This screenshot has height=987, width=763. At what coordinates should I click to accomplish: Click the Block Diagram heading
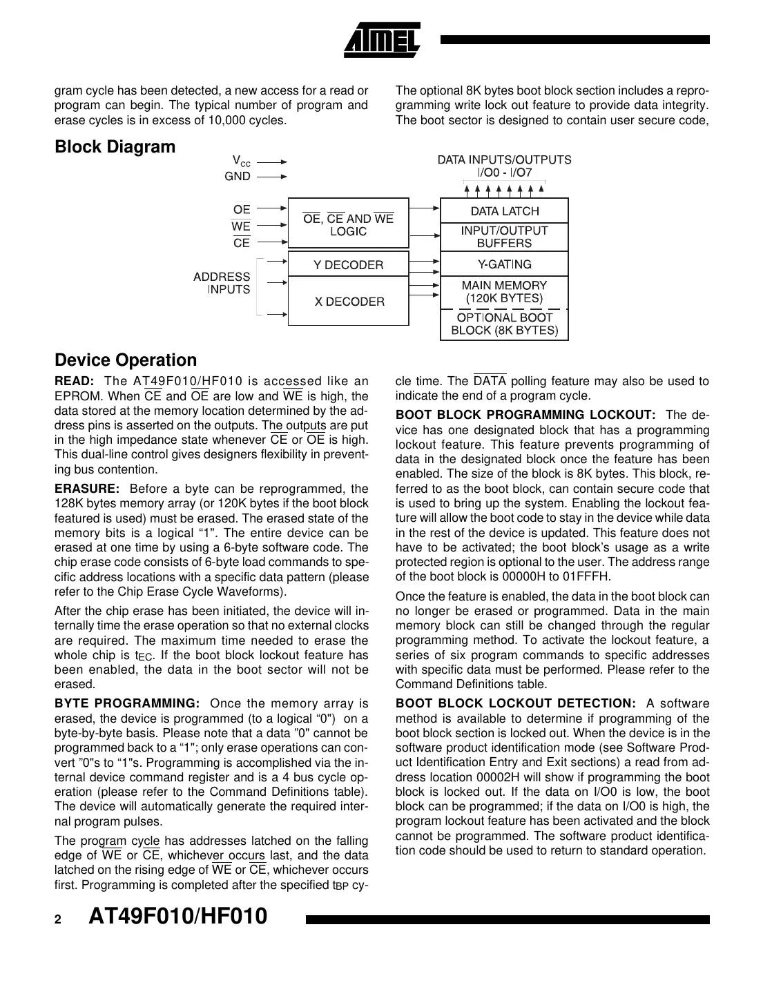click(x=115, y=147)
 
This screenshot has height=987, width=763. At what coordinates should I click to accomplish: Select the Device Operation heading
click(x=125, y=360)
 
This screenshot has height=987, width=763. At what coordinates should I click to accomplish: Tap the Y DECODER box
click(x=348, y=265)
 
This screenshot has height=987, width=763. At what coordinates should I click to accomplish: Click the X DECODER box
click(x=348, y=302)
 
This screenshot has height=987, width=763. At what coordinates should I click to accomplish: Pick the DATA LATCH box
click(x=504, y=211)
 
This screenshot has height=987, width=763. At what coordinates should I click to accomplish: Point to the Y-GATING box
click(x=504, y=264)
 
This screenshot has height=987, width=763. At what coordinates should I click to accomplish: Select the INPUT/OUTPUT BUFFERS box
click(x=504, y=237)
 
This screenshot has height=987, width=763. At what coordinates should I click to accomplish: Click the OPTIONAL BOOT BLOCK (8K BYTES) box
click(x=504, y=324)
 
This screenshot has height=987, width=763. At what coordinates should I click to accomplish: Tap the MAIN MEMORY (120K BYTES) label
click(x=504, y=292)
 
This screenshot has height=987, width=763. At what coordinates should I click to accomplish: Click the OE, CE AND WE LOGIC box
click(x=348, y=225)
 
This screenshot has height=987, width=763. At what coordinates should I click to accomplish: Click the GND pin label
click(x=238, y=177)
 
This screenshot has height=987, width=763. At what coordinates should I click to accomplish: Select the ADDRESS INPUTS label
click(x=222, y=283)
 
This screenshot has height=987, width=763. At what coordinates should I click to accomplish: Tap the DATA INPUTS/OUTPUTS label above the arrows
click(x=504, y=160)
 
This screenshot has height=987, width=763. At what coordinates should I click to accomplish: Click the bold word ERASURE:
click(x=87, y=489)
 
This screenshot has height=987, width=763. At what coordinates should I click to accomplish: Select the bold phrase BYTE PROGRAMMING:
click(x=127, y=703)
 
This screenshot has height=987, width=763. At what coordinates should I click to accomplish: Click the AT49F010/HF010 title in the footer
click(x=178, y=917)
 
